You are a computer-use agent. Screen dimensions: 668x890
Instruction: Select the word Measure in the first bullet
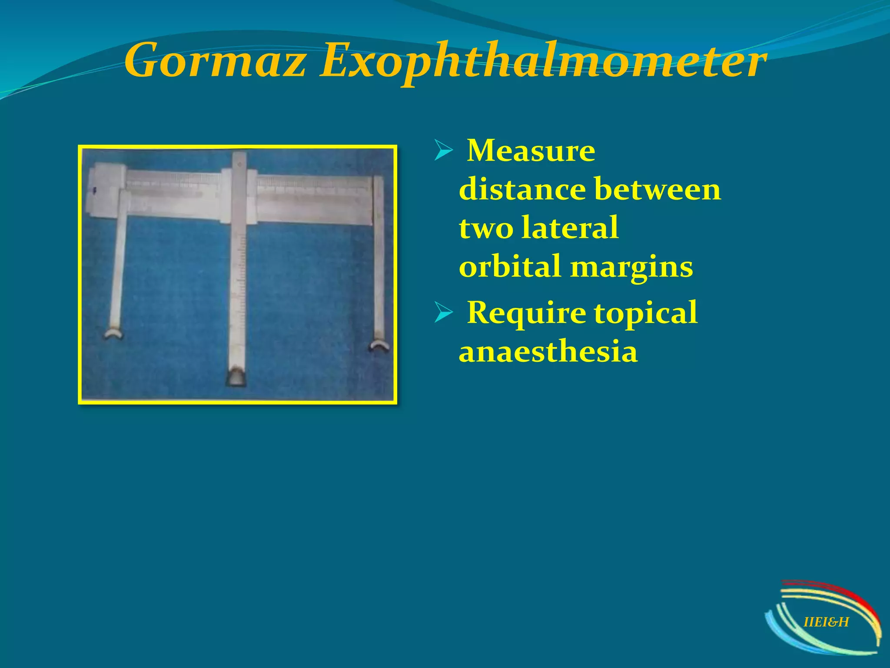[x=531, y=150]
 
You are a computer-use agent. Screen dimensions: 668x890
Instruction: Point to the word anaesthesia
[x=548, y=351]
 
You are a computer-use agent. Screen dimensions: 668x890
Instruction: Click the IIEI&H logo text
[x=826, y=622]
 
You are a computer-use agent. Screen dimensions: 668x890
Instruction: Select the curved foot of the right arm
[x=379, y=346]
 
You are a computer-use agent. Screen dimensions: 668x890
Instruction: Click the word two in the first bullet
[x=485, y=228]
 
